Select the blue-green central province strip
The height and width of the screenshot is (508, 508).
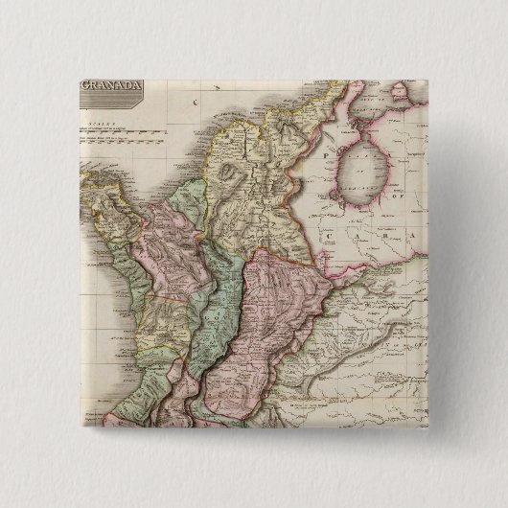tap(224, 297)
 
